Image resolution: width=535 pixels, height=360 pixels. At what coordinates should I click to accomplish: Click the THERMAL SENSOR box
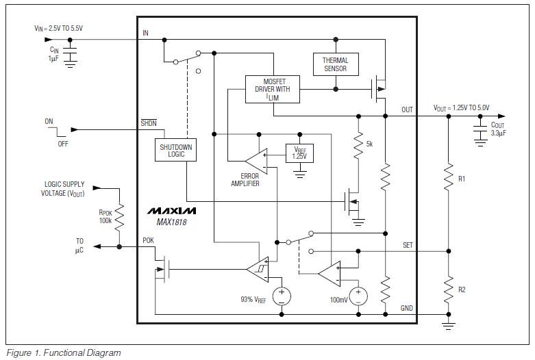click(x=335, y=64)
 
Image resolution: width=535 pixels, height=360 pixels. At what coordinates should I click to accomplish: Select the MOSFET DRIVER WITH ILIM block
click(x=273, y=89)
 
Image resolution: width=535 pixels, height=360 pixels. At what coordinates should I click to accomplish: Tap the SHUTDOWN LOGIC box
click(x=177, y=151)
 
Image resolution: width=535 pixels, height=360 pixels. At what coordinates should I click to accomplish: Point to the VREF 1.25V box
click(x=299, y=153)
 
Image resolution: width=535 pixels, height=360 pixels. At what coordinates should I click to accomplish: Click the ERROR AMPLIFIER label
click(x=245, y=180)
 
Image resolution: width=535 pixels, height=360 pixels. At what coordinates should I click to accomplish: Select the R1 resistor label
click(x=462, y=179)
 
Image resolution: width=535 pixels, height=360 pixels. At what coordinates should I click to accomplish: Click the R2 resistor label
click(x=462, y=290)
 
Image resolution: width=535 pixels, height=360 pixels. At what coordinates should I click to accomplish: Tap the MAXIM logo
click(x=171, y=210)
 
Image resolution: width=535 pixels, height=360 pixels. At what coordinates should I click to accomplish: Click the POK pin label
click(x=149, y=240)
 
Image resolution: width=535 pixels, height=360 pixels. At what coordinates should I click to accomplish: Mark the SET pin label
click(x=407, y=244)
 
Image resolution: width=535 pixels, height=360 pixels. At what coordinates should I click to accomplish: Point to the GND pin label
click(x=407, y=309)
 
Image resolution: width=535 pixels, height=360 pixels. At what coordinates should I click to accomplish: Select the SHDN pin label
click(x=149, y=123)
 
